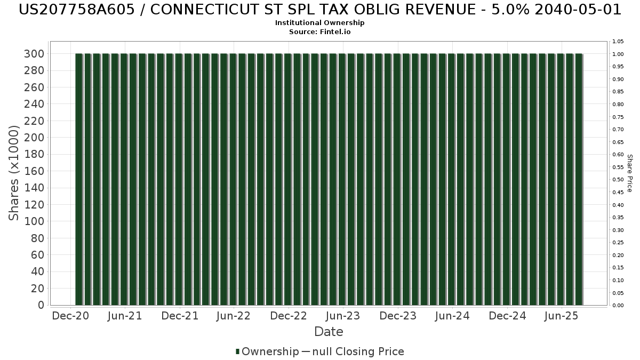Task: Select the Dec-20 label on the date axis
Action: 70,316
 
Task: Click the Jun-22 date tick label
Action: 233,316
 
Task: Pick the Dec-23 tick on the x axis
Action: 398,316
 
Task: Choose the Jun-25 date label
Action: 561,316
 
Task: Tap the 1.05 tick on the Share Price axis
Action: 618,41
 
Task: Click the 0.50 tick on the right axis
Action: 618,180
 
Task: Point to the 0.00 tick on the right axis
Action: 618,306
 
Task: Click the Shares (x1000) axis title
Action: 14,173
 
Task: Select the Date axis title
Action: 329,332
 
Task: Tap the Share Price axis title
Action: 629,173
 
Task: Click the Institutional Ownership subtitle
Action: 320,23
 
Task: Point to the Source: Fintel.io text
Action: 320,31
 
